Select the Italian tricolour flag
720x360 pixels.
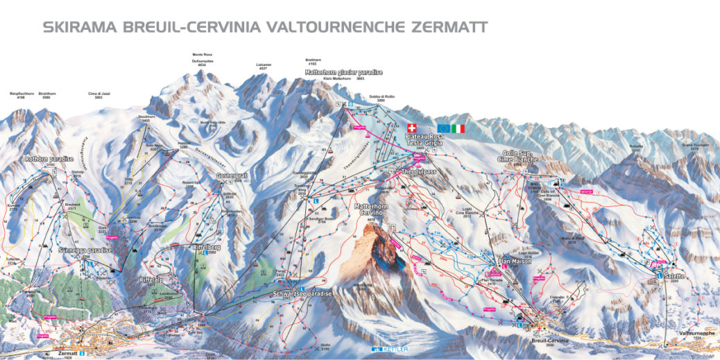tap(458, 128)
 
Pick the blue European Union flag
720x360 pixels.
tap(443, 128)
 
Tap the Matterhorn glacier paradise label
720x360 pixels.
tap(344, 72)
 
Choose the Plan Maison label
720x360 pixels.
tap(514, 262)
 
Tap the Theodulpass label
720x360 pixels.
tap(417, 171)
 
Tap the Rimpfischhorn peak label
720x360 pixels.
tap(22, 93)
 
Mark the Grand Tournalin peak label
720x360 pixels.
tap(694, 145)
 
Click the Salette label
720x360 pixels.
tap(675, 275)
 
